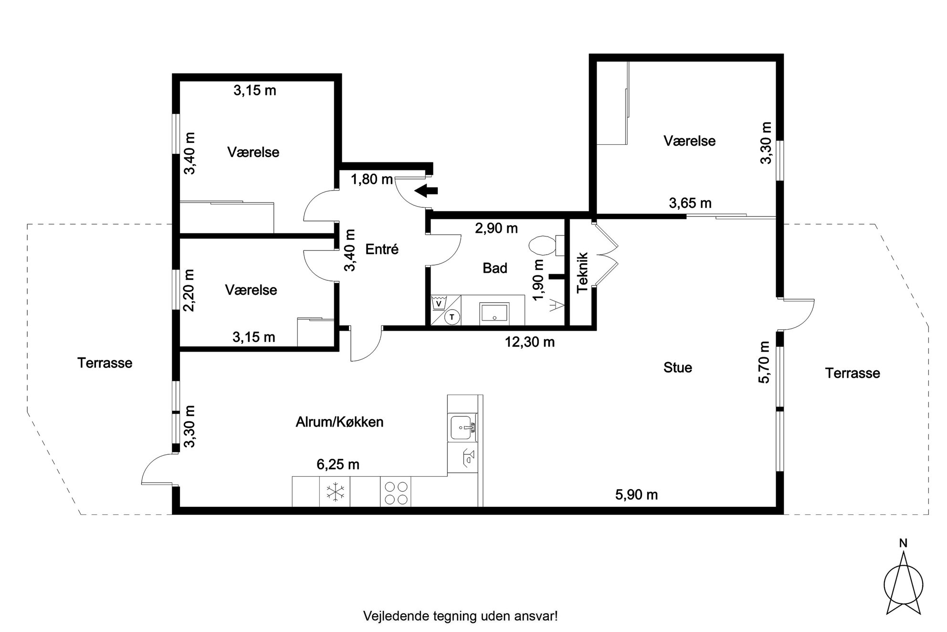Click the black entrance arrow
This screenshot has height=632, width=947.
(426, 191)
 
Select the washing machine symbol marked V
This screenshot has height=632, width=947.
(438, 303)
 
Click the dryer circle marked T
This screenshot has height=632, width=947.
(452, 316)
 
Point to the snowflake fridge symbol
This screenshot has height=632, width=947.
(335, 492)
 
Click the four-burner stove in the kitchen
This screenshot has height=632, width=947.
(396, 493)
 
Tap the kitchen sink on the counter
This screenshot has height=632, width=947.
(463, 428)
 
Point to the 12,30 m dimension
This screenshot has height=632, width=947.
(530, 342)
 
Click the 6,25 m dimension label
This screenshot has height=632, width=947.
(338, 464)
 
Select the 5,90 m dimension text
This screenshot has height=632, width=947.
(636, 495)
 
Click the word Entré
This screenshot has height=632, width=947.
(382, 249)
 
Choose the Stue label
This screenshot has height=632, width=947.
(678, 367)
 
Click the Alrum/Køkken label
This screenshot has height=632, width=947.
(340, 422)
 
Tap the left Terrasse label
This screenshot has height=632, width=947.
(105, 363)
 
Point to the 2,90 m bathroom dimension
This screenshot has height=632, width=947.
(496, 228)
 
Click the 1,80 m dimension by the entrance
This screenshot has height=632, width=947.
(372, 180)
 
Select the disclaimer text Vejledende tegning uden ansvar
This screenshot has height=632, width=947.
(461, 616)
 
